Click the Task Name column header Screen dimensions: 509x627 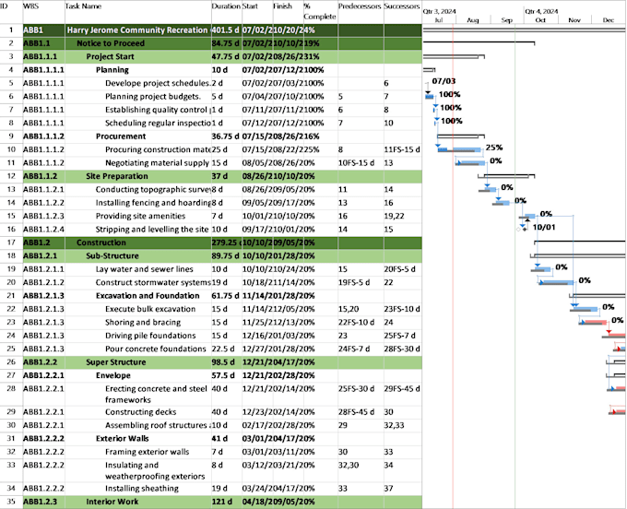point(84,6)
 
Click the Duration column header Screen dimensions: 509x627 point(225,6)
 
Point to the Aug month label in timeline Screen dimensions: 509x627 point(473,19)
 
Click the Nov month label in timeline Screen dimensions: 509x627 point(574,19)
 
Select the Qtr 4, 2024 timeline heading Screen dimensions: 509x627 point(542,12)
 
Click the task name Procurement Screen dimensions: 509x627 point(120,135)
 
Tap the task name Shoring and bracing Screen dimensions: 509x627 point(143,322)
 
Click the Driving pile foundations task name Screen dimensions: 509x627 point(151,336)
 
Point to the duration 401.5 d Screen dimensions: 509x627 point(225,30)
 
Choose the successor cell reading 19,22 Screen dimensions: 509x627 point(395,215)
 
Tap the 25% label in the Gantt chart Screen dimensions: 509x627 point(493,148)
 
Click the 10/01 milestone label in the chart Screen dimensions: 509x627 point(543,227)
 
